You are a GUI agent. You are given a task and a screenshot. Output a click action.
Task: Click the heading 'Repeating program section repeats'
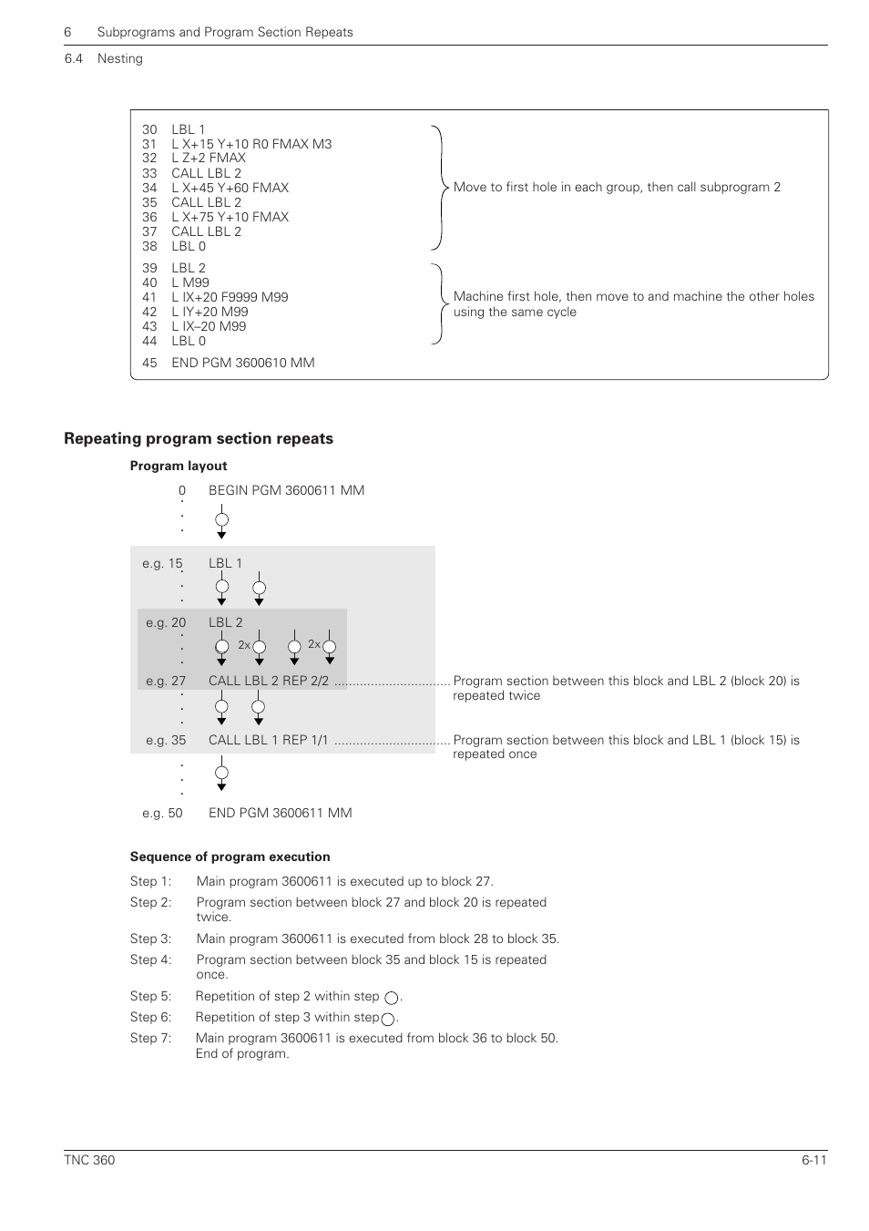[x=199, y=438]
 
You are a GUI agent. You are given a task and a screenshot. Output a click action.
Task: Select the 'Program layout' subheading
[x=179, y=466]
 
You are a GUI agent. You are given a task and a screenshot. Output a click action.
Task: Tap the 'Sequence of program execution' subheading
[x=230, y=857]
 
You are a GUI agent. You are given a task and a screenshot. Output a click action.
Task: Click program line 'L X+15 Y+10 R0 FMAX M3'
[x=251, y=144]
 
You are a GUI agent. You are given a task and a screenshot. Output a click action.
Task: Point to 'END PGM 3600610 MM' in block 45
[x=243, y=363]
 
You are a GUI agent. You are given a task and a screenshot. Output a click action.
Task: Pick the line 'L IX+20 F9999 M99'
[x=230, y=297]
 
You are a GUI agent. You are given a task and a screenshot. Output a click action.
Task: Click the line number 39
[x=149, y=268]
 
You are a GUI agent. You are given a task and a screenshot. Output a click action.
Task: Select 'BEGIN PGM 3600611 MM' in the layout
[x=286, y=490]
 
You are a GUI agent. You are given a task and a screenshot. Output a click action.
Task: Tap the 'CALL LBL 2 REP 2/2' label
[x=269, y=681]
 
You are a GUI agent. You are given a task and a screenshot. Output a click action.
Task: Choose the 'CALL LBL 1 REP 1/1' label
[x=268, y=740]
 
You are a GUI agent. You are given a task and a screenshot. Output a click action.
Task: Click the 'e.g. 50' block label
[x=162, y=813]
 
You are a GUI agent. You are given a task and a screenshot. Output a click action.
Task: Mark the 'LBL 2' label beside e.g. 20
[x=226, y=622]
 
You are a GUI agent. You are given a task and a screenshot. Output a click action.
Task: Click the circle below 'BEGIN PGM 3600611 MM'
[x=221, y=521]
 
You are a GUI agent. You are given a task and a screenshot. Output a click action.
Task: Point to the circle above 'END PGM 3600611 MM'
[x=221, y=774]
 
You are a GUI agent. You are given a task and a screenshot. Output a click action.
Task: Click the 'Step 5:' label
[x=150, y=996]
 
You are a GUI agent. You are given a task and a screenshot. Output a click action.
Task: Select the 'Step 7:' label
[x=150, y=1038]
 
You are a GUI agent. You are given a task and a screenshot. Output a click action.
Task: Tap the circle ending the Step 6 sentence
[x=388, y=1019]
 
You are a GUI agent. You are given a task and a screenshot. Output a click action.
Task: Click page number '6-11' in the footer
[x=814, y=1160]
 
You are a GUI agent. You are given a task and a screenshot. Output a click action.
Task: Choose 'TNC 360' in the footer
[x=89, y=1160]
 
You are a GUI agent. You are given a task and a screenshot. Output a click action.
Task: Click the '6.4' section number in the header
[x=74, y=58]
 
